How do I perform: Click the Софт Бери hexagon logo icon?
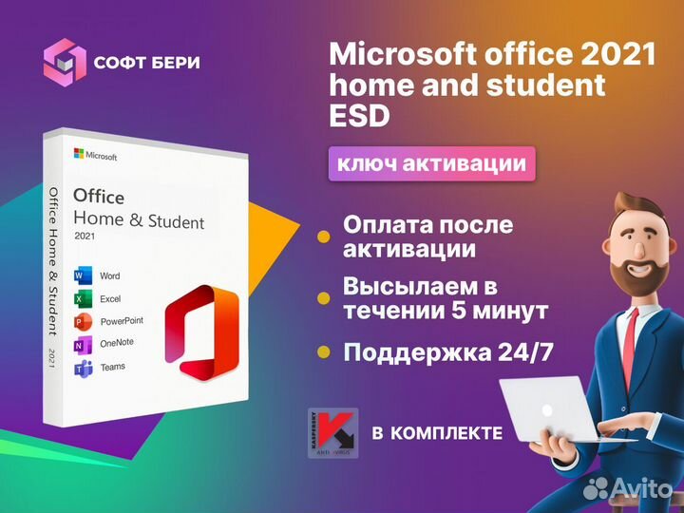pyautogui.click(x=65, y=63)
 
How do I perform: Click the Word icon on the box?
pyautogui.click(x=82, y=275)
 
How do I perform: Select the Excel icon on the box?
pyautogui.click(x=82, y=298)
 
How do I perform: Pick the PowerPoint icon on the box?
pyautogui.click(x=82, y=321)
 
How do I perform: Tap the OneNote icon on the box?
pyautogui.click(x=82, y=343)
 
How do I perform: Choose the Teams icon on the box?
pyautogui.click(x=82, y=367)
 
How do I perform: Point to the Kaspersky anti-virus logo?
pyautogui.click(x=332, y=433)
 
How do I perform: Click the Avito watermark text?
pyautogui.click(x=636, y=489)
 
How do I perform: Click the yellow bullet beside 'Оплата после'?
pyautogui.click(x=324, y=236)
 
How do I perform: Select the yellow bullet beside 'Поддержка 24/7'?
pyautogui.click(x=324, y=352)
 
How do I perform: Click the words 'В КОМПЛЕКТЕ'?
pyautogui.click(x=437, y=433)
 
